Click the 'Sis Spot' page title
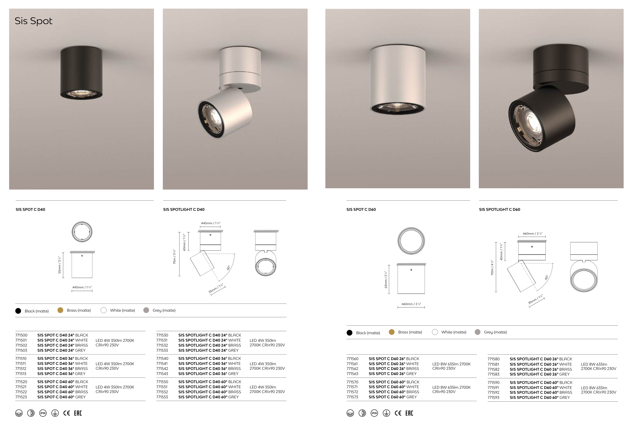click(x=33, y=21)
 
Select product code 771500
click(x=21, y=335)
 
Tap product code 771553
click(x=162, y=397)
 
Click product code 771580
click(x=493, y=359)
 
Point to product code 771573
click(x=352, y=397)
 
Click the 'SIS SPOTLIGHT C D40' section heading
click(x=184, y=209)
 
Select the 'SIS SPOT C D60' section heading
click(x=361, y=209)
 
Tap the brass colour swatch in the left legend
click(x=60, y=310)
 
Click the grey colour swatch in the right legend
click(x=478, y=332)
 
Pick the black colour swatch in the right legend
click(x=350, y=333)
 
